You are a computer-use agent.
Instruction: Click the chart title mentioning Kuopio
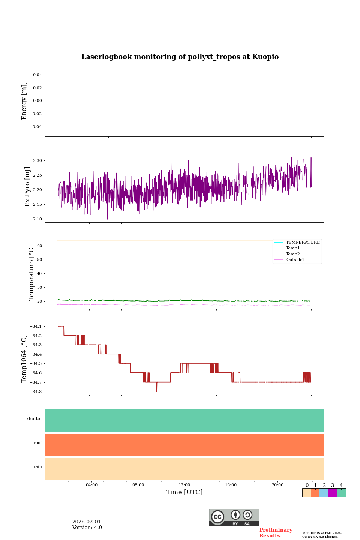[180, 57]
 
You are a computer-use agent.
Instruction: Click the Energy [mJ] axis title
[24, 101]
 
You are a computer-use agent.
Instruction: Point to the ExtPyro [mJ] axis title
[27, 187]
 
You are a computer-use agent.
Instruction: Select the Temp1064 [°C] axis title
[24, 359]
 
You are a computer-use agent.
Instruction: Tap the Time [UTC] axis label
[184, 492]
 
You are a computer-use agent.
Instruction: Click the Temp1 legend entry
[293, 248]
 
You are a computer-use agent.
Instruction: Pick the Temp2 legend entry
[293, 254]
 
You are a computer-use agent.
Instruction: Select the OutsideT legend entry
[295, 259]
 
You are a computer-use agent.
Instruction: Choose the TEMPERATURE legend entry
[303, 242]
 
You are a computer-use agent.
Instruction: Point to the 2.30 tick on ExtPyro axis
[37, 160]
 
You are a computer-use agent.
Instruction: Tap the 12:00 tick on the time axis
[184, 485]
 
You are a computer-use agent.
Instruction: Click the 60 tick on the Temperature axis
[39, 246]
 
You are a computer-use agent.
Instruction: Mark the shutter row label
[34, 418]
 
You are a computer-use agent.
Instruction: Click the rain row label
[38, 466]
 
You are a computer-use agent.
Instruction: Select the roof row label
[38, 442]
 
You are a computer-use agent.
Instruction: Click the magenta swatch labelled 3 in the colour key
[332, 493]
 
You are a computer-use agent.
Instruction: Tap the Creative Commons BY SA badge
[234, 517]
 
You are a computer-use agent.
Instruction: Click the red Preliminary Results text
[276, 533]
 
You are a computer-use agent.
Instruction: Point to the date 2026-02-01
[87, 522]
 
